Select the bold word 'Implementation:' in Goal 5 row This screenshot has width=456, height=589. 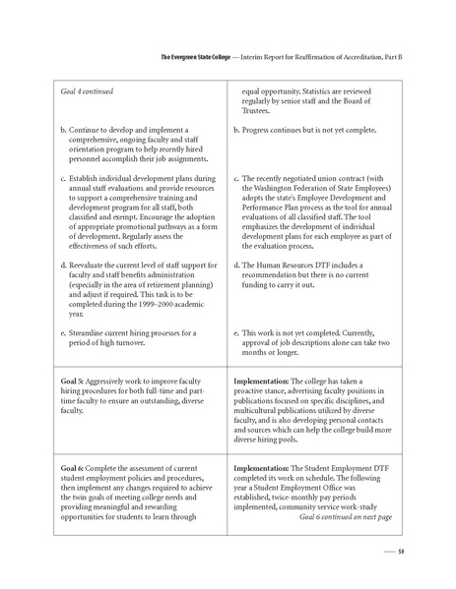point(265,380)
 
